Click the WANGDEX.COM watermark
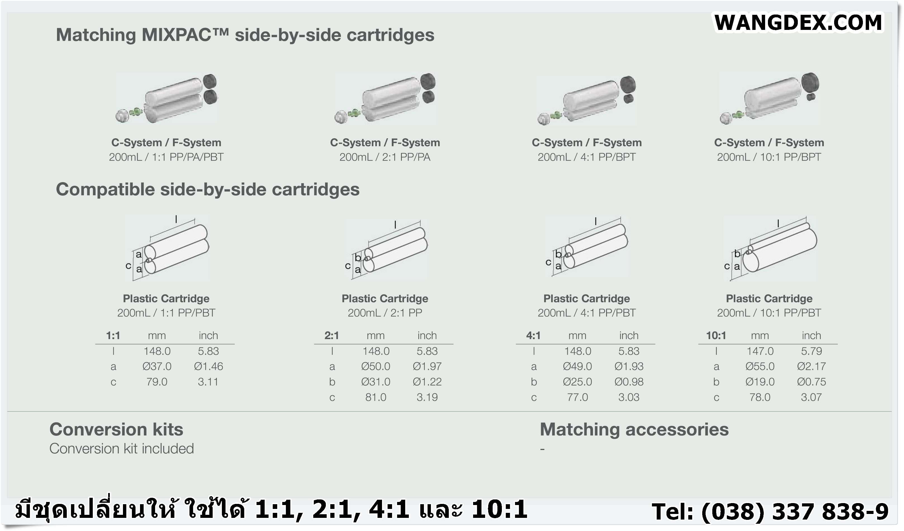coord(798,23)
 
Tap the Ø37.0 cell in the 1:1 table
coord(157,366)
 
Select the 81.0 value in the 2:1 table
coord(376,397)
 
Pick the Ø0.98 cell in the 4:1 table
coord(629,382)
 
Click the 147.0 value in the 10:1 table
coord(760,351)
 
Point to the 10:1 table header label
coord(716,335)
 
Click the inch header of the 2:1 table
coord(427,335)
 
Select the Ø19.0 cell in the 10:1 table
coord(760,382)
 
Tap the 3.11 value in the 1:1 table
coord(208,382)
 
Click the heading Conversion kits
coord(116,430)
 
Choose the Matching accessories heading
coord(634,430)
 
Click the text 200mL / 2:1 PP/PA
coord(385,157)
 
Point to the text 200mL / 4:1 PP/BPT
coord(587,157)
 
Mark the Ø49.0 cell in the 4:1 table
coord(577,366)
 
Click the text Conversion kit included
coord(122,449)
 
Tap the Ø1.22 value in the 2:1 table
coord(427,382)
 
